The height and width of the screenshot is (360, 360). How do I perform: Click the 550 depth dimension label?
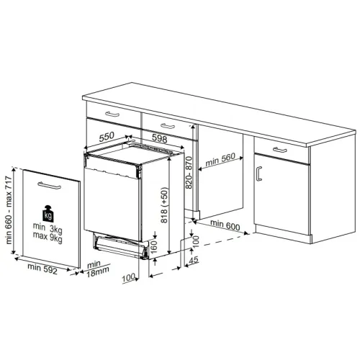click(x=107, y=137)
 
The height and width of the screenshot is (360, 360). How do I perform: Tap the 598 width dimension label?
click(x=160, y=138)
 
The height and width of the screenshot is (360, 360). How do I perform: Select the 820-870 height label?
click(x=189, y=172)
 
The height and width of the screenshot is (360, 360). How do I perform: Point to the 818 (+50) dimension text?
click(x=165, y=205)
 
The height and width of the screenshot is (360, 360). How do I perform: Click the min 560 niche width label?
click(x=220, y=159)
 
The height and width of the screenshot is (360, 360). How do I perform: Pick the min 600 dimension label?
click(x=225, y=225)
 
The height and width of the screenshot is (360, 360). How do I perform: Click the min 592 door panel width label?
click(x=42, y=269)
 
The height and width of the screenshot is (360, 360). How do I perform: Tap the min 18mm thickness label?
click(x=97, y=269)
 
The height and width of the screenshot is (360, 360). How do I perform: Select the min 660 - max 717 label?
click(x=9, y=210)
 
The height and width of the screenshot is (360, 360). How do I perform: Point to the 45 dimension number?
click(x=194, y=260)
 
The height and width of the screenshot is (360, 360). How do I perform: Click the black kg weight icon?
click(x=48, y=213)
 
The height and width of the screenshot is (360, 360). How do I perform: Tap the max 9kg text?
click(x=48, y=237)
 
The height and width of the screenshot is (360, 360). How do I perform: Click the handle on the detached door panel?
click(x=49, y=186)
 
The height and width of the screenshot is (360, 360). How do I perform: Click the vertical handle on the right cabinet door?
click(x=258, y=174)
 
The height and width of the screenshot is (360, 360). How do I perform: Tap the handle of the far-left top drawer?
click(x=112, y=114)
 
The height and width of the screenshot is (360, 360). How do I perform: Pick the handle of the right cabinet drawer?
click(x=280, y=150)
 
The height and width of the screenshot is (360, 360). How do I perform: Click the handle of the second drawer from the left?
click(x=168, y=126)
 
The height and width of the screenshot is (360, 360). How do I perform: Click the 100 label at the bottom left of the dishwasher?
click(x=128, y=278)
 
